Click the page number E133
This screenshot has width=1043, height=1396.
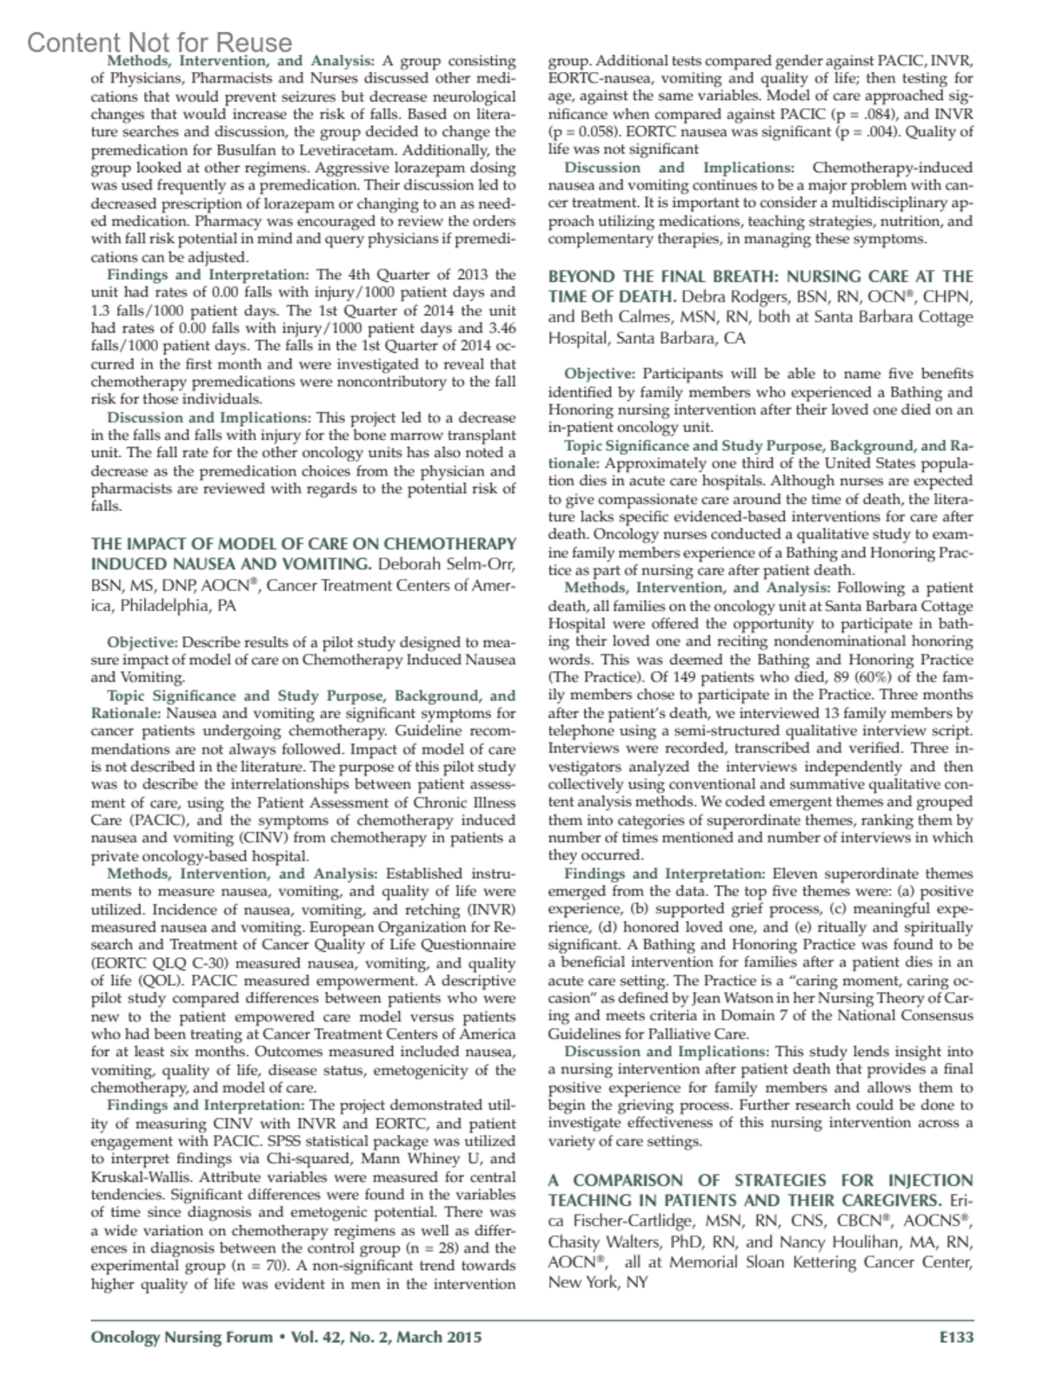click(x=956, y=1338)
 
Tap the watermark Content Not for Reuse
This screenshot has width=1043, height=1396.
click(x=160, y=43)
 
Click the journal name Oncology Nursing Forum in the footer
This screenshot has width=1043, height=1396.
click(x=182, y=1338)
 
